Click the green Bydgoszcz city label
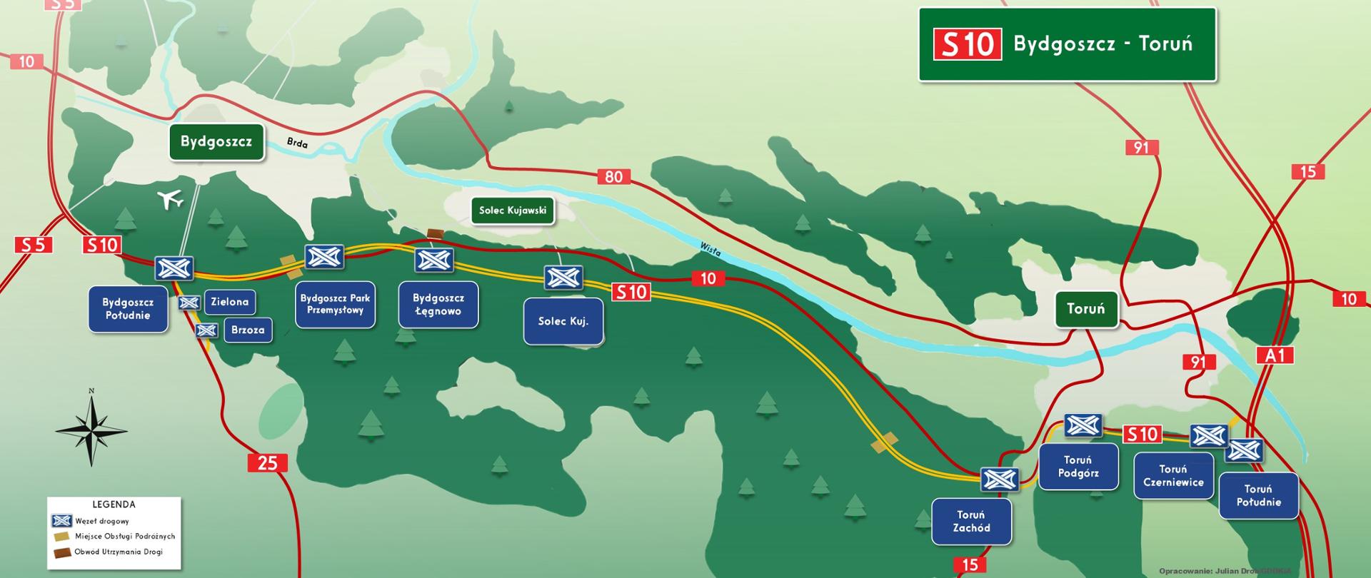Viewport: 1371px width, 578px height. click(216, 141)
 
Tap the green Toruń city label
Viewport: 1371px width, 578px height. click(1085, 309)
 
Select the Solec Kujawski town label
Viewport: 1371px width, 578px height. click(512, 211)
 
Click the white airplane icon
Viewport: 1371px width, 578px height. click(169, 199)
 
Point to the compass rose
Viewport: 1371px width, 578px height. click(91, 430)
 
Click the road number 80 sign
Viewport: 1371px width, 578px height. click(613, 176)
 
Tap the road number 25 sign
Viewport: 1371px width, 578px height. click(267, 462)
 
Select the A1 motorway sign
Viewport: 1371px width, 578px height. click(1275, 355)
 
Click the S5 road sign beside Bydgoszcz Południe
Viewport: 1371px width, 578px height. click(33, 245)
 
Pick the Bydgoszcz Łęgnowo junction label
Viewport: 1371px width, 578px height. click(438, 305)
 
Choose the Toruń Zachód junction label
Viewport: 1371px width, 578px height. click(971, 522)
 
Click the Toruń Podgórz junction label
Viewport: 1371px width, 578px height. click(1078, 467)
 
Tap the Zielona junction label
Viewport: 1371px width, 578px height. click(229, 302)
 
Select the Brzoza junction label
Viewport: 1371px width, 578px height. click(248, 330)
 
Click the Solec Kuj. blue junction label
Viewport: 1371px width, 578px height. click(563, 321)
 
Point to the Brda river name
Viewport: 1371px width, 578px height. click(297, 143)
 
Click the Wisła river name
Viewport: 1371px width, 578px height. click(710, 249)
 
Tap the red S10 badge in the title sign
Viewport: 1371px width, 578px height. click(967, 44)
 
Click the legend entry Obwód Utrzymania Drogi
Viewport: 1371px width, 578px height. click(118, 552)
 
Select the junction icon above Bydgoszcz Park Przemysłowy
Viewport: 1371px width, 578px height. click(324, 257)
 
